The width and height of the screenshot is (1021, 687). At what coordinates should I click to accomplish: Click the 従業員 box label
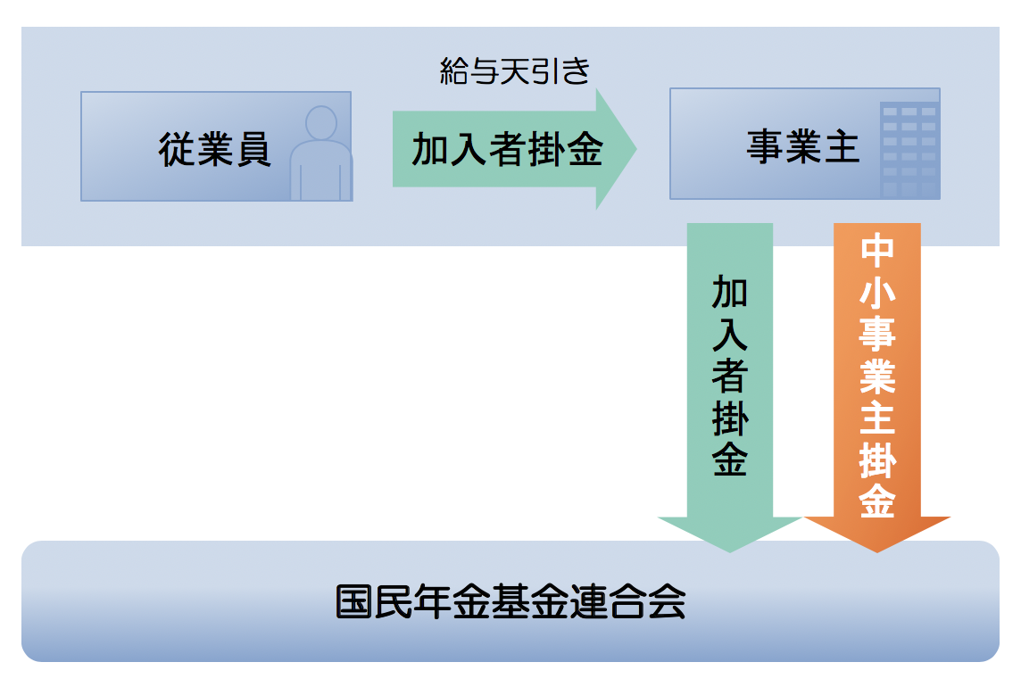[x=214, y=149]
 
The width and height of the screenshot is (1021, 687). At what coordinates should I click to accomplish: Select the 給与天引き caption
[x=515, y=71]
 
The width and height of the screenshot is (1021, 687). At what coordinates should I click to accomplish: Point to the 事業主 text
[x=802, y=147]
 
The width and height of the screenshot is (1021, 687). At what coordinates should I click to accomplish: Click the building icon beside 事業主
[x=909, y=150]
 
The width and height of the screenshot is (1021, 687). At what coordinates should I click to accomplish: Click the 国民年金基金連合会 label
[x=510, y=602]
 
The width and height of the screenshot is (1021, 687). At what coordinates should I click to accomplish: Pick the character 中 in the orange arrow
[x=877, y=250]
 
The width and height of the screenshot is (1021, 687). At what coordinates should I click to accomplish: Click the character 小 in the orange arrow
[x=877, y=292]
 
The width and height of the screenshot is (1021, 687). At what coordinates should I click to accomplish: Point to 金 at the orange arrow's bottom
[x=877, y=502]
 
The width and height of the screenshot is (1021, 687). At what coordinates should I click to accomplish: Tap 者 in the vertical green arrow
[x=730, y=376]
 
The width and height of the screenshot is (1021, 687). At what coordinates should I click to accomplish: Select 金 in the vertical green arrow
[x=730, y=459]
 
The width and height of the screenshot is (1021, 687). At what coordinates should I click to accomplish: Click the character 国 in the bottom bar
[x=354, y=602]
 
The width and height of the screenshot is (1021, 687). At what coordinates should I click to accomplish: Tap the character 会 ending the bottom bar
[x=667, y=602]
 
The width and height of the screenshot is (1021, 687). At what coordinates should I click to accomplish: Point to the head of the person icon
[x=320, y=122]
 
